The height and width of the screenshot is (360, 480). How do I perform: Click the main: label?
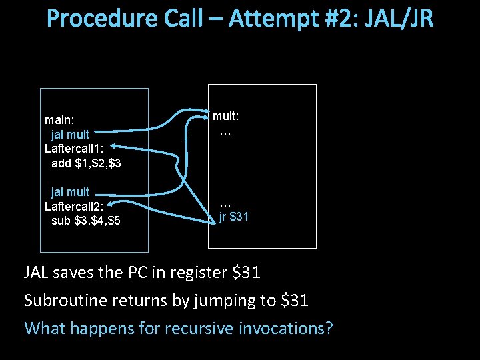click(59, 121)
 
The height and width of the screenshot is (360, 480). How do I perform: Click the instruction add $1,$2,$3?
click(86, 163)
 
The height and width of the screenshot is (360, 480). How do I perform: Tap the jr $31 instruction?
click(234, 216)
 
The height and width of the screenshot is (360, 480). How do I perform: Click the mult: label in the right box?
click(226, 116)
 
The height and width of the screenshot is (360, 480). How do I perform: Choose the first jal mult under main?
click(70, 135)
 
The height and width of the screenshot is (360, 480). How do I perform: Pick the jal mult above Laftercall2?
click(70, 192)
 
